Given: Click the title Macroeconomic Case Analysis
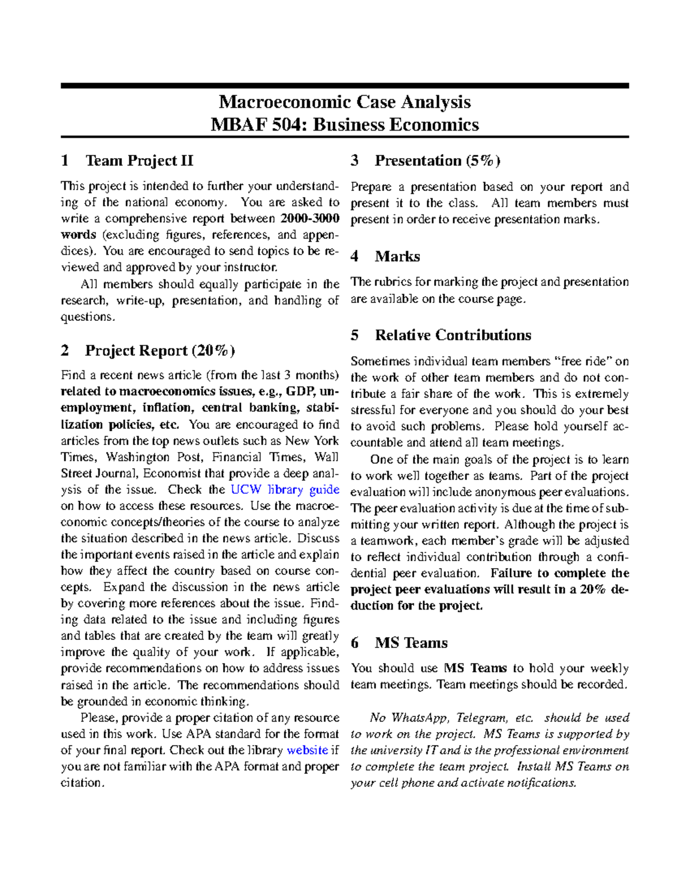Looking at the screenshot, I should (x=344, y=102).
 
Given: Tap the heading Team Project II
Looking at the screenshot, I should (x=139, y=160).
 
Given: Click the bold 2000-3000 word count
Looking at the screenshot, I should (x=310, y=219).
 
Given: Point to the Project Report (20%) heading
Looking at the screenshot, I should (x=160, y=350).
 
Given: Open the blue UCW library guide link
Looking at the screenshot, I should (x=285, y=490).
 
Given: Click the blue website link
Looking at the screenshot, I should (x=307, y=750).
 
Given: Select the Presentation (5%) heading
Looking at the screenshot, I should (x=437, y=160).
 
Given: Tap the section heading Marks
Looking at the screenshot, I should (x=397, y=256).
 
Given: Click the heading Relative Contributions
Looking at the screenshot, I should (x=453, y=335).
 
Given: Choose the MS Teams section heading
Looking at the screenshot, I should (x=411, y=643).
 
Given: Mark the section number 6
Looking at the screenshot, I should (x=355, y=643).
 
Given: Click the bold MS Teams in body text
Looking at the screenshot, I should (x=475, y=668).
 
